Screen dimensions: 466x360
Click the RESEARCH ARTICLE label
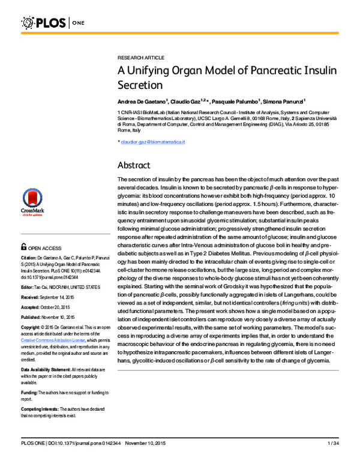(x=140, y=57)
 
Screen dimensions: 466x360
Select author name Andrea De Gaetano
(x=142, y=101)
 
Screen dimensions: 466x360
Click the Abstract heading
(x=134, y=165)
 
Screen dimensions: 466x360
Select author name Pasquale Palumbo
(x=233, y=101)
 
